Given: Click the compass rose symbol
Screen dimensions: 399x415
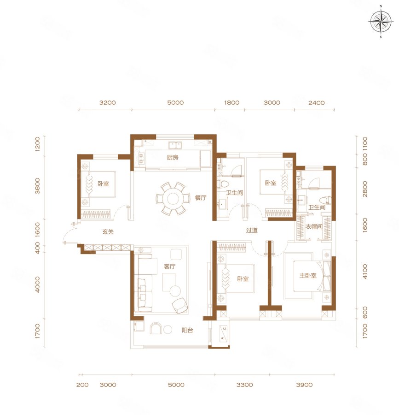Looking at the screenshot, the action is coord(381,22).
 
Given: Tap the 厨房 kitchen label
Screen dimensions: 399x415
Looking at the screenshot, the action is coord(173,158).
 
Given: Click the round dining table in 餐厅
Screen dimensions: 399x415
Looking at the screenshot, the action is coord(173,198).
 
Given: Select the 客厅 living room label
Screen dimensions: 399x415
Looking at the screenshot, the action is coord(169,266).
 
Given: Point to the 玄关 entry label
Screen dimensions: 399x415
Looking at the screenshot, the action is coord(108,231).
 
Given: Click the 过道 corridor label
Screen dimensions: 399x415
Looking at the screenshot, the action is coord(252,230).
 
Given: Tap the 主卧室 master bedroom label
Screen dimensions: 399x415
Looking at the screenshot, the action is coord(308,276).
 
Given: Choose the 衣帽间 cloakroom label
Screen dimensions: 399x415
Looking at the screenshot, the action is coord(314,226).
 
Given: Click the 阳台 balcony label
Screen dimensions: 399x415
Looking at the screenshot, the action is coord(187,330).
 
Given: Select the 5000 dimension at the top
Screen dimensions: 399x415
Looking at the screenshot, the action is coord(175,103).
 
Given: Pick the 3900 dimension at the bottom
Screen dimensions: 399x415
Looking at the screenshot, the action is coord(304,385).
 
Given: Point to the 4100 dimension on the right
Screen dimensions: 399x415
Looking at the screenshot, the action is coord(365,271).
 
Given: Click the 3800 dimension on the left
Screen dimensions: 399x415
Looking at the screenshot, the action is coord(37,186).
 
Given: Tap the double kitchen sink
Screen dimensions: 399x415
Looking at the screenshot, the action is coord(175,145).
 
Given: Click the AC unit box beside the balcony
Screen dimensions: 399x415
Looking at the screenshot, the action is coord(223,333).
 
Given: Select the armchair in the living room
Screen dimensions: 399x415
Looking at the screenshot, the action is coord(180,305).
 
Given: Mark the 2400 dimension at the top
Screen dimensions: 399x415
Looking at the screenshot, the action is coord(316,103).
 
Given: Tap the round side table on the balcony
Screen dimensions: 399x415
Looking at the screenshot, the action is coord(168,330).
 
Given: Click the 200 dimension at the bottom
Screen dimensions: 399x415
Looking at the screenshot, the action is coord(82,385).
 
